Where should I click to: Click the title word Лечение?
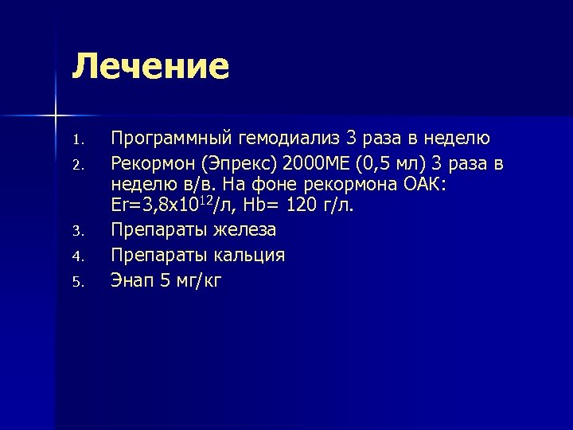pyautogui.click(x=150, y=67)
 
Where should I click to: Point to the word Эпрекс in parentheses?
pyautogui.click(x=237, y=165)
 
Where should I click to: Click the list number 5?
pyautogui.click(x=76, y=280)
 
